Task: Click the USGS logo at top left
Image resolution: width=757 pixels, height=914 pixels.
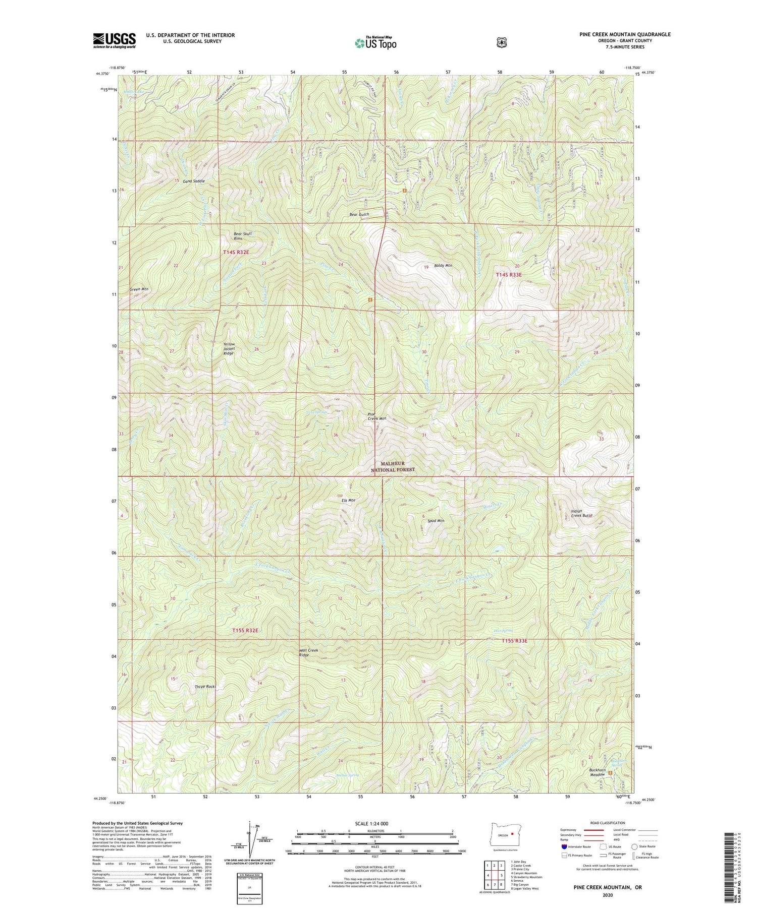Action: pyautogui.click(x=114, y=40)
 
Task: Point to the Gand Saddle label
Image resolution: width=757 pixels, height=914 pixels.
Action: pyautogui.click(x=194, y=180)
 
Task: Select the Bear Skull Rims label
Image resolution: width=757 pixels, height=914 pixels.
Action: pyautogui.click(x=243, y=236)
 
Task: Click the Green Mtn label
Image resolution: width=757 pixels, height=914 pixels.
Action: pyautogui.click(x=139, y=289)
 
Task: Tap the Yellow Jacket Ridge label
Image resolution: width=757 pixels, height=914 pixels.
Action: pyautogui.click(x=229, y=349)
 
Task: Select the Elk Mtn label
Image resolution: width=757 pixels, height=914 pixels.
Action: pyautogui.click(x=348, y=501)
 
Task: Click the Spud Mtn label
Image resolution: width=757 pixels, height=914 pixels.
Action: pyautogui.click(x=435, y=520)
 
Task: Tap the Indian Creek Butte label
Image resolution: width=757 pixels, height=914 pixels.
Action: pyautogui.click(x=581, y=513)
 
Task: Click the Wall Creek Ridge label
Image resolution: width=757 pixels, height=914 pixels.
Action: pyautogui.click(x=309, y=652)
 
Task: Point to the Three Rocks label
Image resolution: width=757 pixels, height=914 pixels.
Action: pyautogui.click(x=205, y=687)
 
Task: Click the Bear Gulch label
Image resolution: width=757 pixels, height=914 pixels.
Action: pyautogui.click(x=359, y=214)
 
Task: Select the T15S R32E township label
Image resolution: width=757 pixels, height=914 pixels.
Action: pyautogui.click(x=245, y=631)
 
